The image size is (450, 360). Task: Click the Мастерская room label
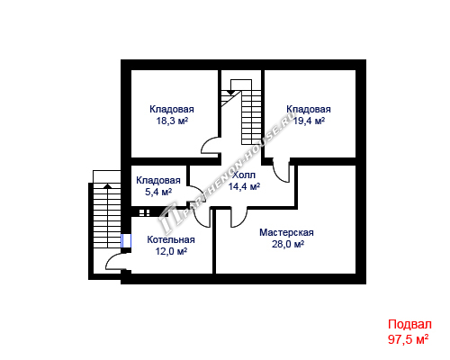pyautogui.click(x=286, y=232)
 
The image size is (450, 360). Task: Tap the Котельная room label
pyautogui.click(x=171, y=239)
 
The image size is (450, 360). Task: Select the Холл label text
pyautogui.click(x=244, y=175)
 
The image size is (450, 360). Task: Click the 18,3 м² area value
pyautogui.click(x=172, y=121)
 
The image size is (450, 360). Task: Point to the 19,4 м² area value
pyautogui.click(x=309, y=121)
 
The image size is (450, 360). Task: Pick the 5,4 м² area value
pyautogui.click(x=158, y=192)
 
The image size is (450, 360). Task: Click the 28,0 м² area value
pyautogui.click(x=288, y=244)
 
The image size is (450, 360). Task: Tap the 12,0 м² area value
pyautogui.click(x=171, y=251)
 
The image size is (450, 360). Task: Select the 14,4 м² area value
pyautogui.click(x=244, y=186)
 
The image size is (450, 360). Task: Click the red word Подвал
pyautogui.click(x=409, y=324)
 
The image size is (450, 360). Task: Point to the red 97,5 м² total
pyautogui.click(x=408, y=339)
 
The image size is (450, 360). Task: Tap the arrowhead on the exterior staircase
pyautogui.click(x=107, y=186)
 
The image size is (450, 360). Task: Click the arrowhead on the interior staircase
pyautogui.click(x=230, y=93)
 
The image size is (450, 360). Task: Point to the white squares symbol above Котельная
pyautogui.click(x=145, y=212)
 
